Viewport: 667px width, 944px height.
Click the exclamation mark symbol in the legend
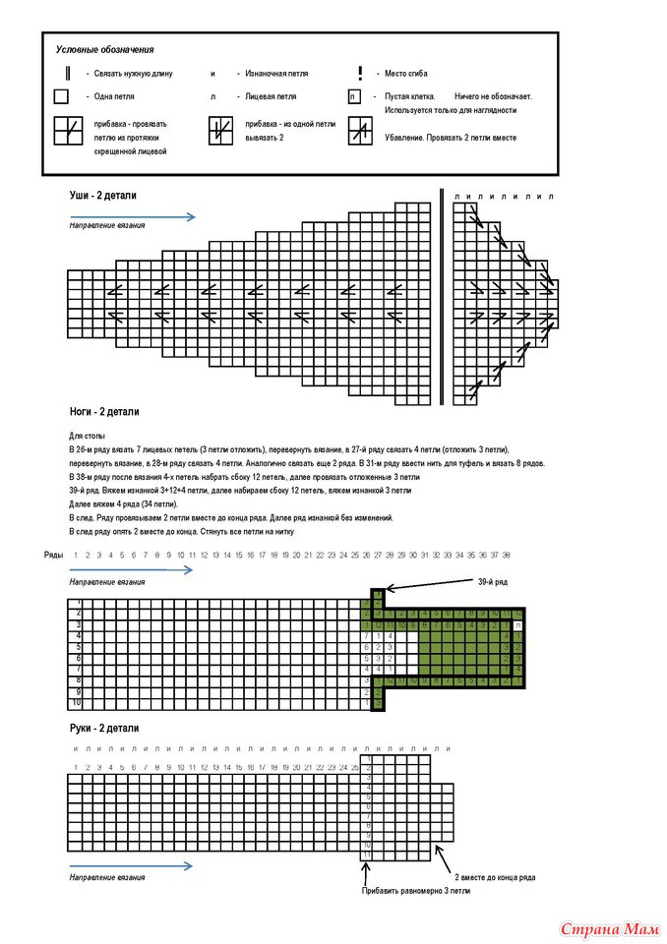pos(360,73)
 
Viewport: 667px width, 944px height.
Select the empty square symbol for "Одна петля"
pos(61,97)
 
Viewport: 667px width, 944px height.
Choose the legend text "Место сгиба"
pos(405,74)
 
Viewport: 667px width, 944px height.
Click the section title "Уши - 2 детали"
pos(102,196)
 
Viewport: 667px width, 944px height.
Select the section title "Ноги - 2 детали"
pos(104,412)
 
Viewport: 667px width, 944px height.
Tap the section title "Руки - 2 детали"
pos(103,729)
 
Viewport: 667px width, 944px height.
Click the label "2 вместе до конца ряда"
pos(494,876)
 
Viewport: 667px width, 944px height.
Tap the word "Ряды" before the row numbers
pos(54,555)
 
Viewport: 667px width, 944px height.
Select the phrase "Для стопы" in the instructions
pos(86,435)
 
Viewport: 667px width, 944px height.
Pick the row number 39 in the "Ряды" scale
pos(507,555)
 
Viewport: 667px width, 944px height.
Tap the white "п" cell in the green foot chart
pos(518,625)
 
